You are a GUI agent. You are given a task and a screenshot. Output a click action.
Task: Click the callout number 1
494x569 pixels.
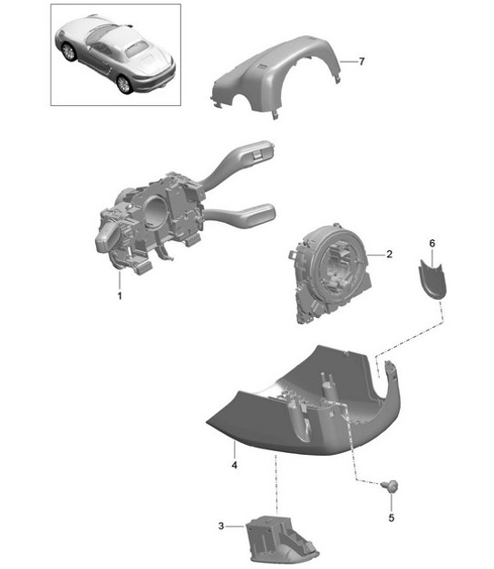(x=120, y=295)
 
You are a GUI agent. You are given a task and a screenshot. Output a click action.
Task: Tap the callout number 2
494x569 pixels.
(x=389, y=254)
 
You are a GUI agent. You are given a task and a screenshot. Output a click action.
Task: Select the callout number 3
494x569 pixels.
(x=221, y=526)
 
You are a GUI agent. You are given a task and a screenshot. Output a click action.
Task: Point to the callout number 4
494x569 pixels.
(x=235, y=465)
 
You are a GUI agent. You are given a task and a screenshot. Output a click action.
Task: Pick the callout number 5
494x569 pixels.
(x=392, y=518)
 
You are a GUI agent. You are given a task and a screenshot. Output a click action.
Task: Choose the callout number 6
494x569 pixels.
(x=432, y=243)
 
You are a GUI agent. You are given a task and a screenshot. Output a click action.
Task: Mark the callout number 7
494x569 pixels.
(x=362, y=62)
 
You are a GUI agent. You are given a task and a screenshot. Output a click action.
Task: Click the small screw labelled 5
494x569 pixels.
(x=391, y=485)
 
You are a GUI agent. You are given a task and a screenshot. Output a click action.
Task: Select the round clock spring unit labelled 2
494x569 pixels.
(x=331, y=272)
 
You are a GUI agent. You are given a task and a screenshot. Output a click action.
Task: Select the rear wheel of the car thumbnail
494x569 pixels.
(x=124, y=84)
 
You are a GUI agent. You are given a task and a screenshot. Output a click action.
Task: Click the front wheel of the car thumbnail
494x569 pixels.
(x=68, y=52)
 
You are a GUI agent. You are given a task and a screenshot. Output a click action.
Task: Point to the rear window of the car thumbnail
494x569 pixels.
(x=137, y=49)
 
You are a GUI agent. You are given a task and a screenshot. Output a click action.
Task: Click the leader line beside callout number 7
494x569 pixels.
(x=348, y=62)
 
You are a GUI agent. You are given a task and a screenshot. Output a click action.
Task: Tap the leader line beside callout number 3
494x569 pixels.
(x=235, y=526)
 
